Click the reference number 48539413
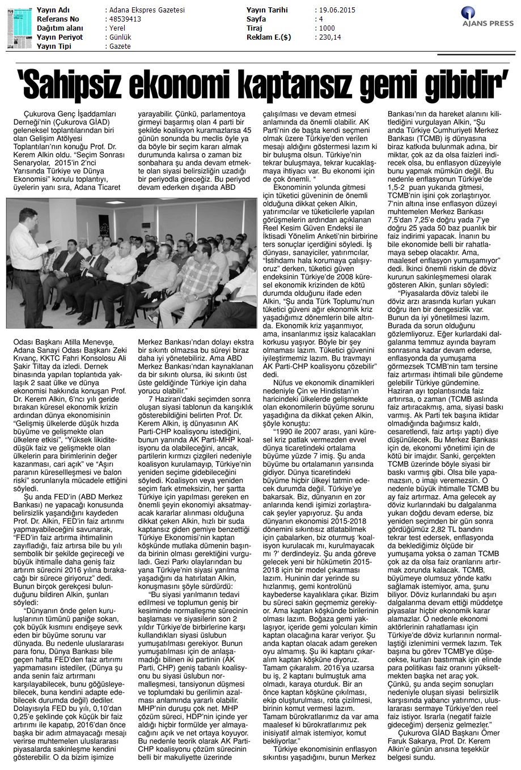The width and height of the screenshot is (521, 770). [x=123, y=19]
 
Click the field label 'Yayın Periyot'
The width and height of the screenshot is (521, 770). [x=60, y=37]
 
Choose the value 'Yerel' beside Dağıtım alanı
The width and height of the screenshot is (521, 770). [x=115, y=28]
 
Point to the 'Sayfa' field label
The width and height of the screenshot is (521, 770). [x=256, y=19]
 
